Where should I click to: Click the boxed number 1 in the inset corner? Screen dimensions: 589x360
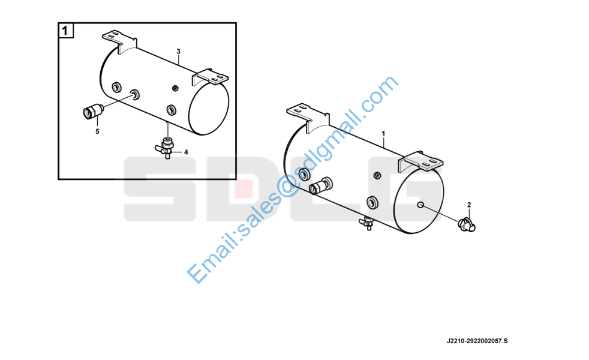66,31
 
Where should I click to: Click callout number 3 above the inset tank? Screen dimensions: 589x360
178,51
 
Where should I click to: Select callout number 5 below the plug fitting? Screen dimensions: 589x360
97,131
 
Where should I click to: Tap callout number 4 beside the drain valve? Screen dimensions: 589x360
186,152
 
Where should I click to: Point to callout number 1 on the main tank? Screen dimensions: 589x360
383,133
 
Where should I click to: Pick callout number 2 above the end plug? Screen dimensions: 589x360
469,205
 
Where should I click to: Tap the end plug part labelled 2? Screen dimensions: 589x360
467,224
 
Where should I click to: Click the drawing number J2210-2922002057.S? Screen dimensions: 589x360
477,341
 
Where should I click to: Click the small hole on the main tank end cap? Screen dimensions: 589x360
420,205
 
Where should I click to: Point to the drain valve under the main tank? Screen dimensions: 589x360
367,223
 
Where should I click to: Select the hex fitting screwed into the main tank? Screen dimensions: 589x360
321,185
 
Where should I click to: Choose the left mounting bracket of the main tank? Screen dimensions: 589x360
308,116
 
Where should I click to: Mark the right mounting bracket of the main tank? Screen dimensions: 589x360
420,161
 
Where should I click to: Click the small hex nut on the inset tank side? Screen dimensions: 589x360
175,88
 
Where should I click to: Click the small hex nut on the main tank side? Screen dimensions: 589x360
377,175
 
